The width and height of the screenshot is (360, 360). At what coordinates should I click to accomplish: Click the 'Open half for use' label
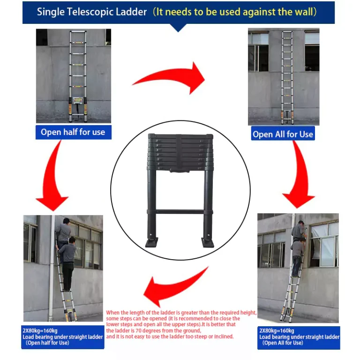pos(73,132)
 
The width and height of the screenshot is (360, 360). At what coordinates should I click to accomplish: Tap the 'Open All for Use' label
pos(283,134)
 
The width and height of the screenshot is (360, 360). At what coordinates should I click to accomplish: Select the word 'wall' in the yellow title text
pos(303,12)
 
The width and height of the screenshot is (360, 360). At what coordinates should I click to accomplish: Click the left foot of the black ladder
pos(151,242)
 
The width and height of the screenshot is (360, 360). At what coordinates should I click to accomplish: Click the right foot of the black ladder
pos(208,242)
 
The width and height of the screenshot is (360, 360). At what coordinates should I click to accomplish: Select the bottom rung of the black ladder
pos(180,211)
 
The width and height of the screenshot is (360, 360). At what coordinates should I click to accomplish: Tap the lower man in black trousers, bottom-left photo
pos(67,264)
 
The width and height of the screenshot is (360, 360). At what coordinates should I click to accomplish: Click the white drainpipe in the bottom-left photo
pos(52,268)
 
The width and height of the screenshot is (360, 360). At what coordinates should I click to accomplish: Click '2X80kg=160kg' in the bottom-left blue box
pos(40,331)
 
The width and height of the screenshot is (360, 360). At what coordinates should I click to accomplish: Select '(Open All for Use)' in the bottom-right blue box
pos(283,343)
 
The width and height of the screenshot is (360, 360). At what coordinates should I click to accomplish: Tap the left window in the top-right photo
pos(258,52)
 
